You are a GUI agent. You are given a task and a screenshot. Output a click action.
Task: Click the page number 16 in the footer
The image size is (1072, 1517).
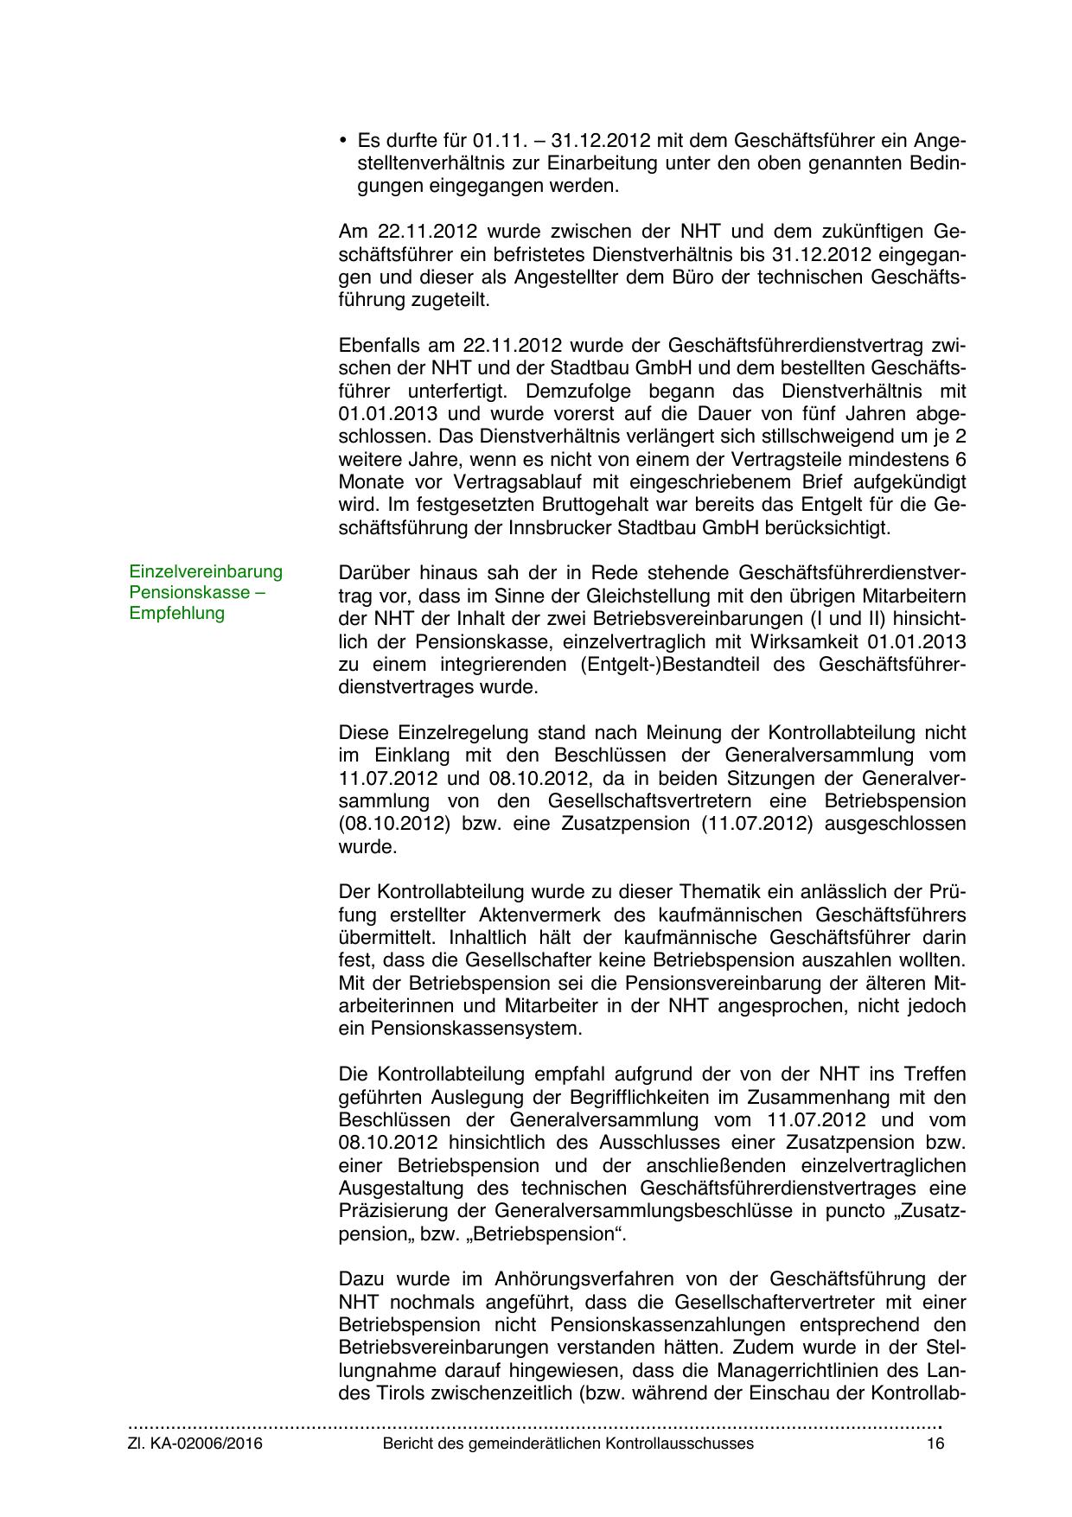pos(935,1444)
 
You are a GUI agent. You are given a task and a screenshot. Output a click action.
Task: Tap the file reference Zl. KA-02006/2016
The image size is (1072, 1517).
pos(195,1444)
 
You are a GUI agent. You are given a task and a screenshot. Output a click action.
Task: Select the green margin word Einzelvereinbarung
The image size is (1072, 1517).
pos(206,571)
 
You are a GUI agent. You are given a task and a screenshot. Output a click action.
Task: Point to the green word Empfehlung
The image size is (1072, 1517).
pos(176,613)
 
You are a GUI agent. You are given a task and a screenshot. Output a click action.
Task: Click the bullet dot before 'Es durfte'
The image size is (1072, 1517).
pos(343,140)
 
